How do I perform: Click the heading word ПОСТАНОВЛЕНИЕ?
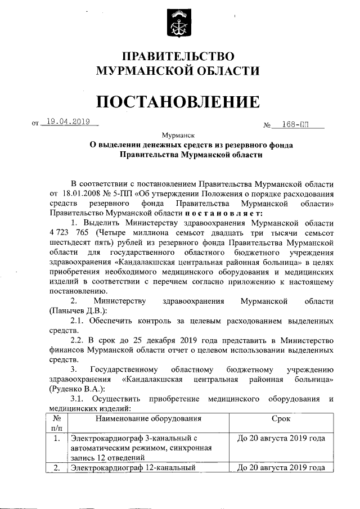point(179,102)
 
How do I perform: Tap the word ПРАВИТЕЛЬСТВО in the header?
point(178,56)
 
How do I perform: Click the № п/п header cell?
point(56,424)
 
